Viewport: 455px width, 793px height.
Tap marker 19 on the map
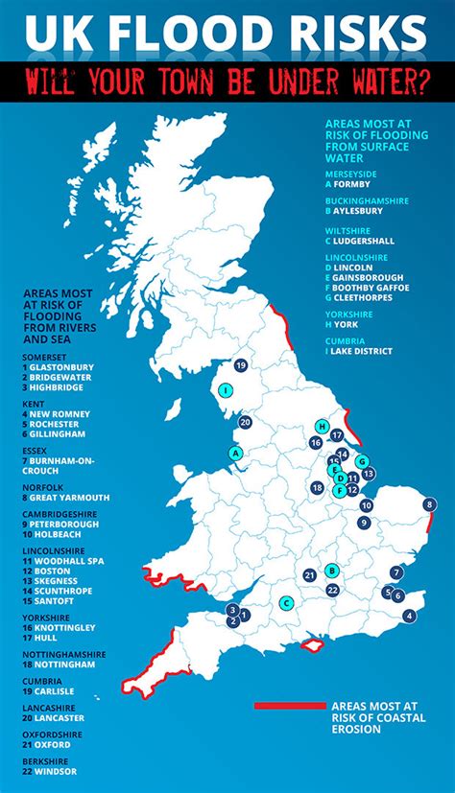tap(241, 365)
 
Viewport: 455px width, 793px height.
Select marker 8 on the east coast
tap(429, 503)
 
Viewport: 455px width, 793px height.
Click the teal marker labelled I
tap(225, 390)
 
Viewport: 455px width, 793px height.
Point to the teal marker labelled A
tap(235, 453)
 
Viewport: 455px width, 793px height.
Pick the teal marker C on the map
tap(286, 603)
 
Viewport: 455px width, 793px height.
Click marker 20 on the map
tap(246, 422)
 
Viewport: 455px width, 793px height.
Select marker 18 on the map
tap(317, 488)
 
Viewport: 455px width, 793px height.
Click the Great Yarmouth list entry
tap(62, 498)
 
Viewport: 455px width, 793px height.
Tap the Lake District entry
tap(359, 351)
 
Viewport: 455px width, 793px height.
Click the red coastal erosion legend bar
tap(289, 706)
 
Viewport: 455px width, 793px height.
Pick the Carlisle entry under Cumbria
tap(50, 690)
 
